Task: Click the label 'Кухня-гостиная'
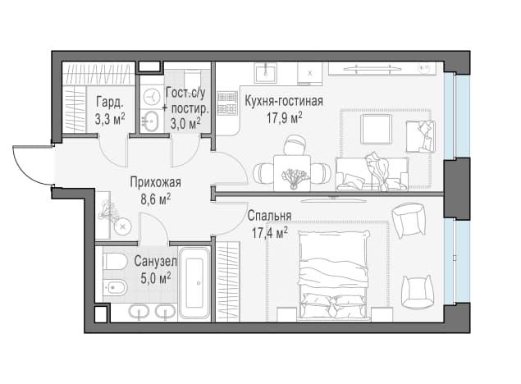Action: [x=284, y=101]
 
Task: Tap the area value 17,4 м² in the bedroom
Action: [x=269, y=233]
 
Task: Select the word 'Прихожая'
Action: [x=156, y=182]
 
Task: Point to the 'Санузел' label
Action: [x=156, y=261]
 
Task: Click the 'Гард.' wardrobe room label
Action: [x=110, y=103]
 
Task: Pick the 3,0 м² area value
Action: [x=185, y=123]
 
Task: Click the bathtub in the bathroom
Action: [x=194, y=283]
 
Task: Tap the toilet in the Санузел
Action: [x=114, y=262]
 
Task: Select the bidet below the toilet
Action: [x=115, y=286]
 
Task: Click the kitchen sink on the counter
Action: [x=266, y=73]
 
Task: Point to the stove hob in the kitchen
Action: [x=227, y=103]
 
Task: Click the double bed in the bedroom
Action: [x=335, y=276]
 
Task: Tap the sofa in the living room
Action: [x=372, y=173]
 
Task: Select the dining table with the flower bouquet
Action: [x=292, y=173]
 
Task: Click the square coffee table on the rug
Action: [x=376, y=129]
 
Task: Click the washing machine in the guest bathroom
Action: [x=152, y=96]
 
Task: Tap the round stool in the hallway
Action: [x=122, y=227]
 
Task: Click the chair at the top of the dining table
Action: [x=295, y=145]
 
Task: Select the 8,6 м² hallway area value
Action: [x=156, y=199]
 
